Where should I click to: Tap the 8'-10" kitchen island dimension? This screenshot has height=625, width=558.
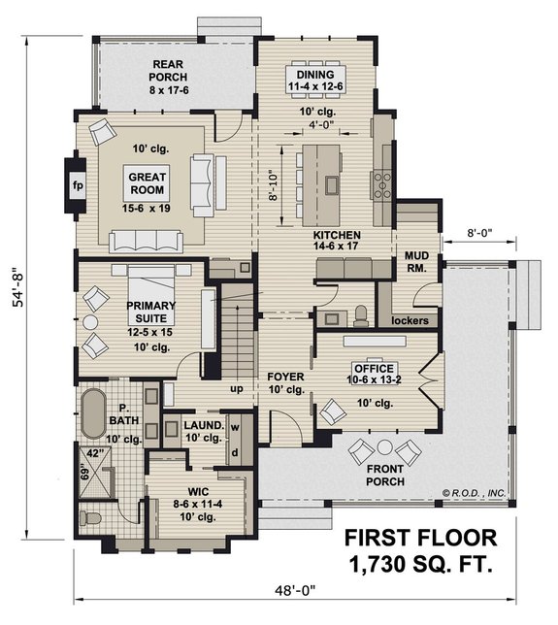click(x=272, y=184)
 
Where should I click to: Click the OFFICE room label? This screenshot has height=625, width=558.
click(x=374, y=369)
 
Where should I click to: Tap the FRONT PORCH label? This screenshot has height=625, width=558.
click(x=386, y=475)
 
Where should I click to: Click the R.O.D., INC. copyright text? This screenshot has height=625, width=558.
click(x=475, y=493)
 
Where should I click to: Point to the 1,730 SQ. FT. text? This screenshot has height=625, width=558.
click(x=418, y=562)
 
